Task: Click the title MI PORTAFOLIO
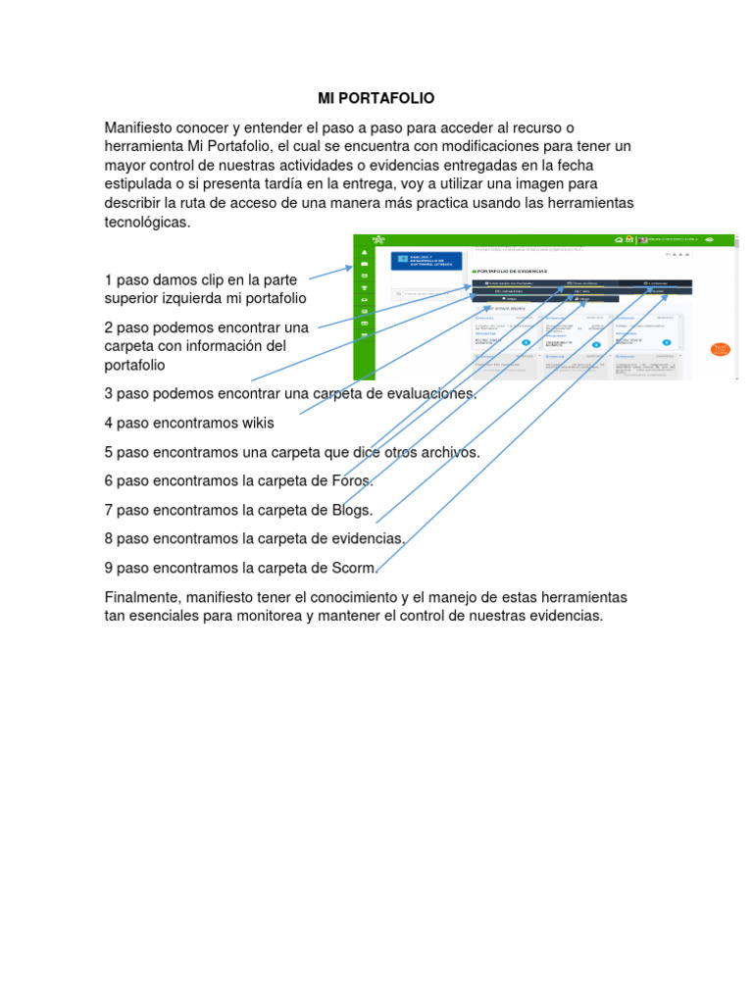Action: [376, 99]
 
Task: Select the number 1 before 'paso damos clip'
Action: [109, 280]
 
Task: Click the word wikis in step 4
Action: [256, 424]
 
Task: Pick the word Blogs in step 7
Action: [354, 510]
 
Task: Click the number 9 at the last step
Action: [109, 568]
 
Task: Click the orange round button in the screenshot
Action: [721, 349]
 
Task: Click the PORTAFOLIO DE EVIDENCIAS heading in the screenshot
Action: [510, 271]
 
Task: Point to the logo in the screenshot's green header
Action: [378, 239]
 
